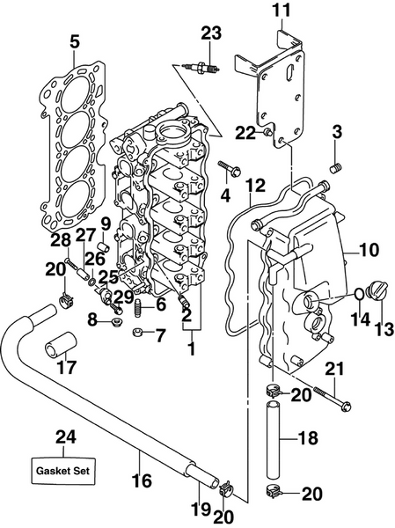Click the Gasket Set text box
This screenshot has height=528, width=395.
(x=65, y=471)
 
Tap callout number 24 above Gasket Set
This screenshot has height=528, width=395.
(x=65, y=436)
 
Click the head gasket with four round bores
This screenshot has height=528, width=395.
(x=74, y=132)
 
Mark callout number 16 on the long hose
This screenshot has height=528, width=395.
(x=140, y=481)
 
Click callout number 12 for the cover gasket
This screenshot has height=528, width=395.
(x=254, y=186)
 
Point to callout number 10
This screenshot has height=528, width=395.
(x=369, y=250)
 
